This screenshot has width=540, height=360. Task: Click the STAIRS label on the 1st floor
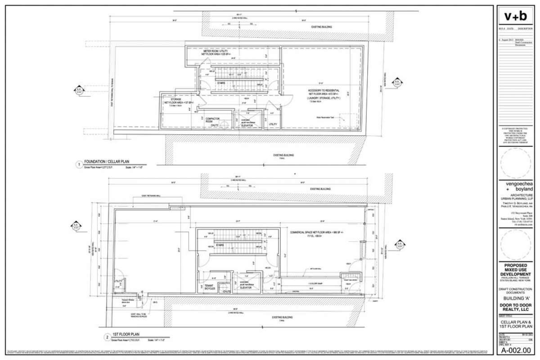pyautogui.click(x=220, y=245)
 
